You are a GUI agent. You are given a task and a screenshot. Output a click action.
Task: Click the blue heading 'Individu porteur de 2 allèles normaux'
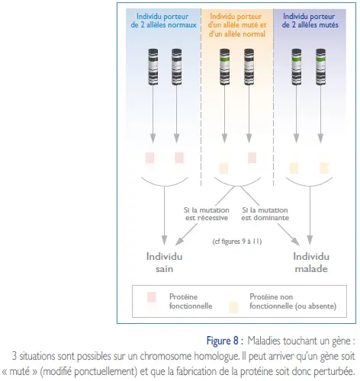click(164, 21)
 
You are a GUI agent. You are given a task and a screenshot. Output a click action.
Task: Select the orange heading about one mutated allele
click(237, 25)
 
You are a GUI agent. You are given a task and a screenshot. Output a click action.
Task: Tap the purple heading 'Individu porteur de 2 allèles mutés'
click(310, 21)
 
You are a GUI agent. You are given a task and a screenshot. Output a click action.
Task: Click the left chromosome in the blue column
click(153, 67)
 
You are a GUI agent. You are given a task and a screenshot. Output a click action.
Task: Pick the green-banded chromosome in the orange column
click(225, 67)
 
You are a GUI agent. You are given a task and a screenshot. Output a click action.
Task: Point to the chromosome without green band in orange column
click(249, 67)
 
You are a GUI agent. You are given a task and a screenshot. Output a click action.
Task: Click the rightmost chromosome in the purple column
click(320, 67)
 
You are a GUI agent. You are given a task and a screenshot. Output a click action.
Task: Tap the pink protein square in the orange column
click(252, 158)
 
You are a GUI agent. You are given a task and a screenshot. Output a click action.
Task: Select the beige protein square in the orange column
click(223, 168)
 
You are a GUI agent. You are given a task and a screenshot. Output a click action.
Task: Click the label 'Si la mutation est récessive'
click(207, 214)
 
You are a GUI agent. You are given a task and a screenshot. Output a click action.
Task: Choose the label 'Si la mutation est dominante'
click(265, 214)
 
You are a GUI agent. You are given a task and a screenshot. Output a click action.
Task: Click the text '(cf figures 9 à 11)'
click(237, 241)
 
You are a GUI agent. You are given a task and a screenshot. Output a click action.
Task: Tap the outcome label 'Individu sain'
click(165, 262)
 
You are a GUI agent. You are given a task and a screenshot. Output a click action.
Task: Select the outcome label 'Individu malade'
click(311, 262)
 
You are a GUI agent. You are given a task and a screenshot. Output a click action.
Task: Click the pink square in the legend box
click(152, 297)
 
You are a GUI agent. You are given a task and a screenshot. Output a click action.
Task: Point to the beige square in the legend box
click(233, 307)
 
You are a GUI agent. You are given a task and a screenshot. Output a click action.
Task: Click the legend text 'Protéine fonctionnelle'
click(191, 301)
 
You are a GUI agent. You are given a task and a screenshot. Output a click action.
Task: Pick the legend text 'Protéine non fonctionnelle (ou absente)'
click(293, 301)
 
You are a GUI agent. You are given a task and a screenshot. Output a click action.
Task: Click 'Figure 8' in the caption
click(223, 341)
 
